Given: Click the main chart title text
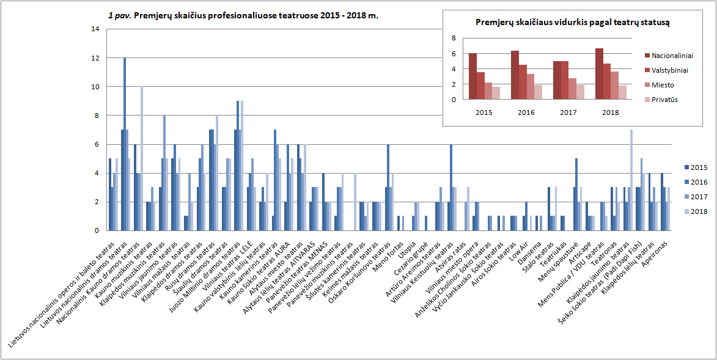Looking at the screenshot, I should pyautogui.click(x=243, y=15).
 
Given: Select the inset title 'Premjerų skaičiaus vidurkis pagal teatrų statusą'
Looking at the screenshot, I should pyautogui.click(x=573, y=23).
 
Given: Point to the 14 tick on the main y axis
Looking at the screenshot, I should pyautogui.click(x=95, y=29).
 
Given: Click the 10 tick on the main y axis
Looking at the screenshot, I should pyautogui.click(x=95, y=87).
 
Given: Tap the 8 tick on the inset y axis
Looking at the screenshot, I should pyautogui.click(x=454, y=38).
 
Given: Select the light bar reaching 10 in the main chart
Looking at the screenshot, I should pyautogui.click(x=142, y=158).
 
